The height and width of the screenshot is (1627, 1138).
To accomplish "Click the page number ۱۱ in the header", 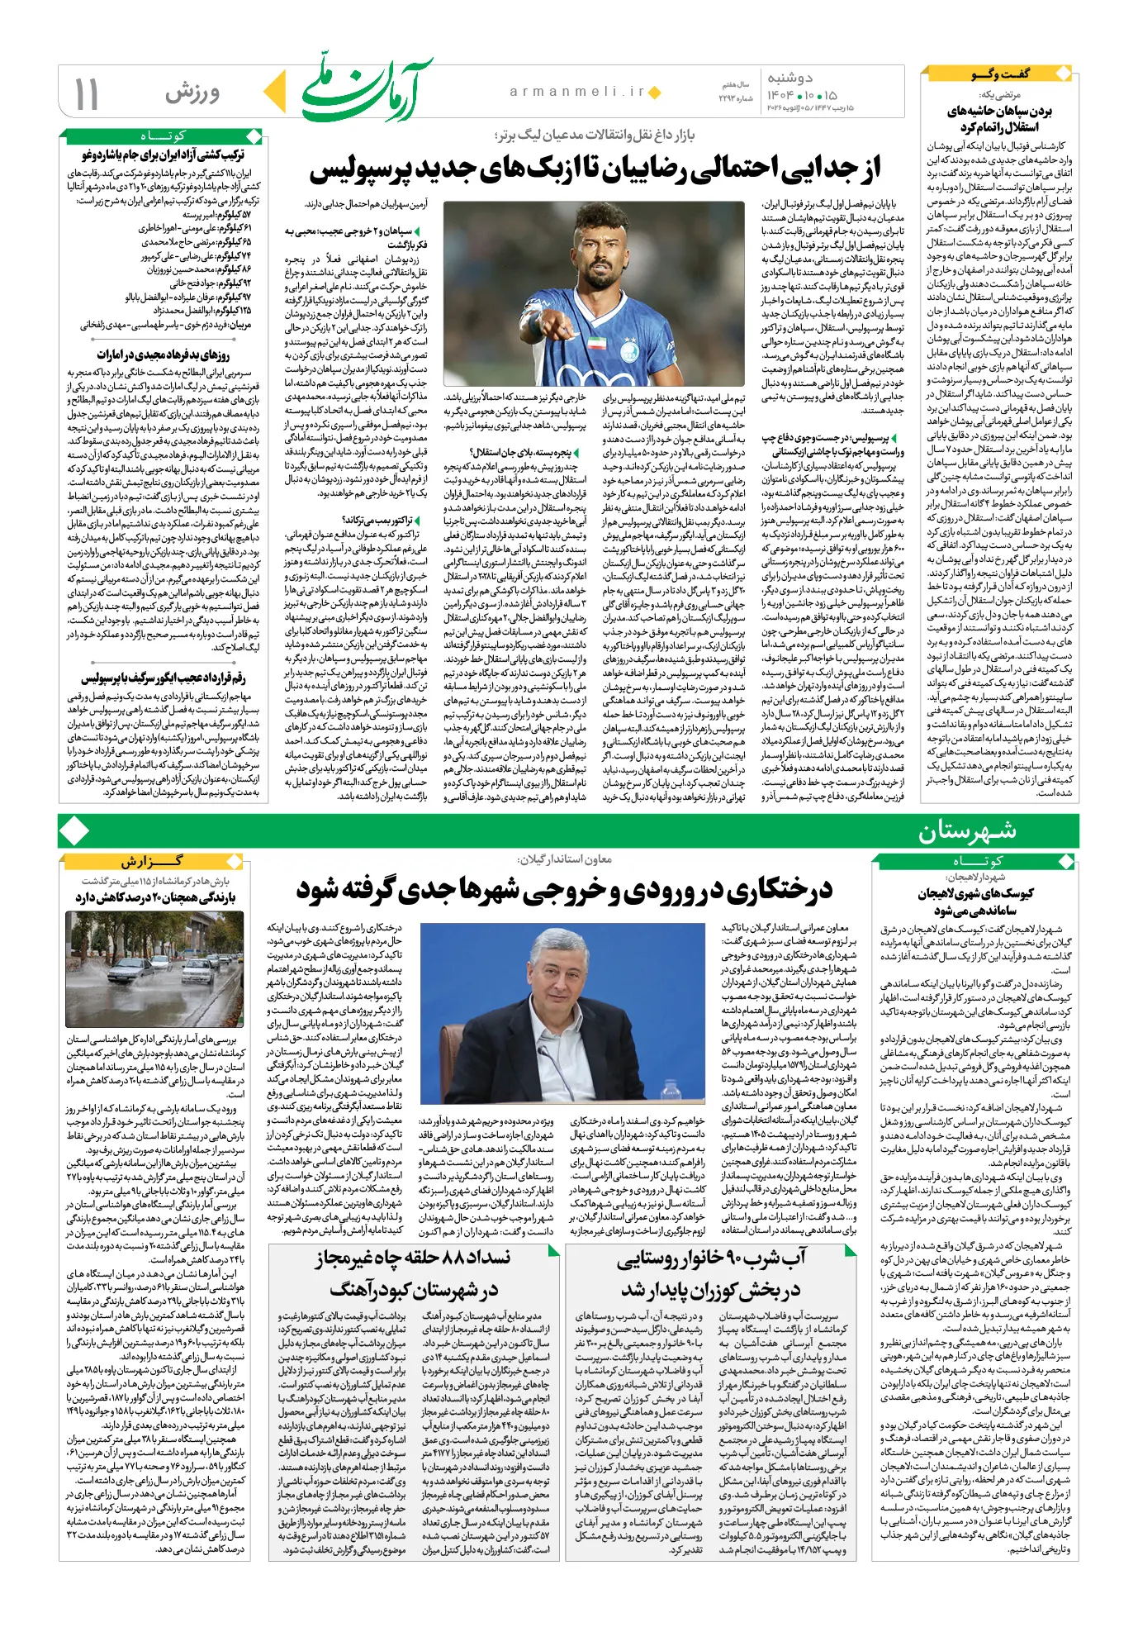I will [86, 93].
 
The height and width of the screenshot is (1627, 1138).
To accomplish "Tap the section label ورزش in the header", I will [192, 93].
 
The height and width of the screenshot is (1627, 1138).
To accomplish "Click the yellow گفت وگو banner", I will [1001, 74].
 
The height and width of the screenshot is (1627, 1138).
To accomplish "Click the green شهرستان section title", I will [967, 830].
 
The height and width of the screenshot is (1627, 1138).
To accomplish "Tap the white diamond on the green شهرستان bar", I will [74, 830].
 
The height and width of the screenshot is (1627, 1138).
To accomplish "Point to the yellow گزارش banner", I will [154, 861].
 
